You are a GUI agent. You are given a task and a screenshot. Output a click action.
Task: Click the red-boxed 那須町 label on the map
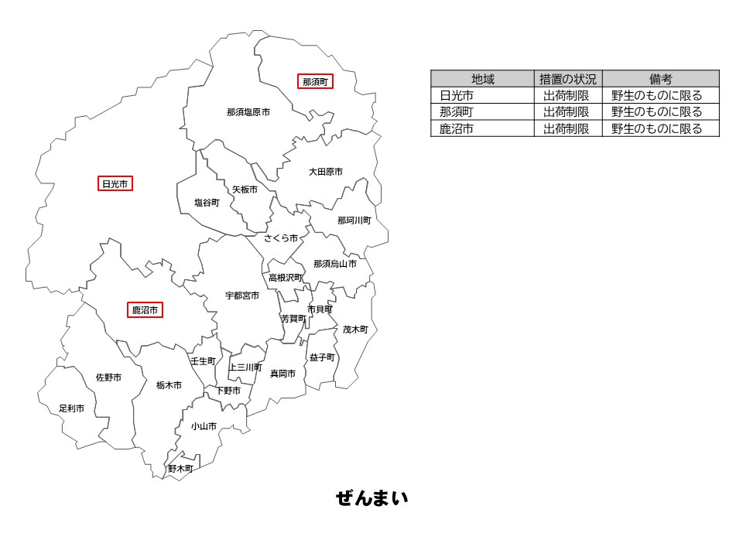point(316,81)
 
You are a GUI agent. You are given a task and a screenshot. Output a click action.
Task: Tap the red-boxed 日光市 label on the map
point(115,184)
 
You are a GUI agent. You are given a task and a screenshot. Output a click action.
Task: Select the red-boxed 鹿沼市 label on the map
point(145,310)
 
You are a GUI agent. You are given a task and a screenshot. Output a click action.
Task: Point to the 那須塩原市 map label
point(248,112)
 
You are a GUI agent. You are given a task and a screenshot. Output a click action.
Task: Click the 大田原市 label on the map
point(325,172)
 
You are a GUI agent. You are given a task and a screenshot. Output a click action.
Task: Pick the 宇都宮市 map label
point(242,296)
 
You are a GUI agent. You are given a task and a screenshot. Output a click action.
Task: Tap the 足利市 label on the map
point(72,408)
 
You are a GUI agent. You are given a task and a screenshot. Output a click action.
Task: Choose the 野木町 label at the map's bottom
point(180,469)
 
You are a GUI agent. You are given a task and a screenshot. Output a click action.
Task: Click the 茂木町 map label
point(355,330)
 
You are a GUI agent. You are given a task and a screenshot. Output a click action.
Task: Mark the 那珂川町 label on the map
point(354,220)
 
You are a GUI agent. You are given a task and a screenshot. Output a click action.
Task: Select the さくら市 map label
point(281,238)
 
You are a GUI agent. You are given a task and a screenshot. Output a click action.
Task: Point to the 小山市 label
point(204,426)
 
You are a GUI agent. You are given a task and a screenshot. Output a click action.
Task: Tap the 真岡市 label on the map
point(282,374)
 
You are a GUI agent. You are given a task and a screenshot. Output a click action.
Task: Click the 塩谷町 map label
point(207,203)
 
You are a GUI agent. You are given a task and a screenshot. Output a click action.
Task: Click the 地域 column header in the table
point(483,79)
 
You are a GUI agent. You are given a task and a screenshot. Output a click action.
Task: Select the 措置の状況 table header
point(568,79)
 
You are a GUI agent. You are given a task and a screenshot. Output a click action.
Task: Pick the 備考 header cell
point(660,79)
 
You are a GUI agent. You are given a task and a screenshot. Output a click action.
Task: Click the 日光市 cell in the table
point(457,96)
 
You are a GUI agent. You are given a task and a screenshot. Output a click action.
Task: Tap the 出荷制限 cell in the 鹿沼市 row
point(568,129)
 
